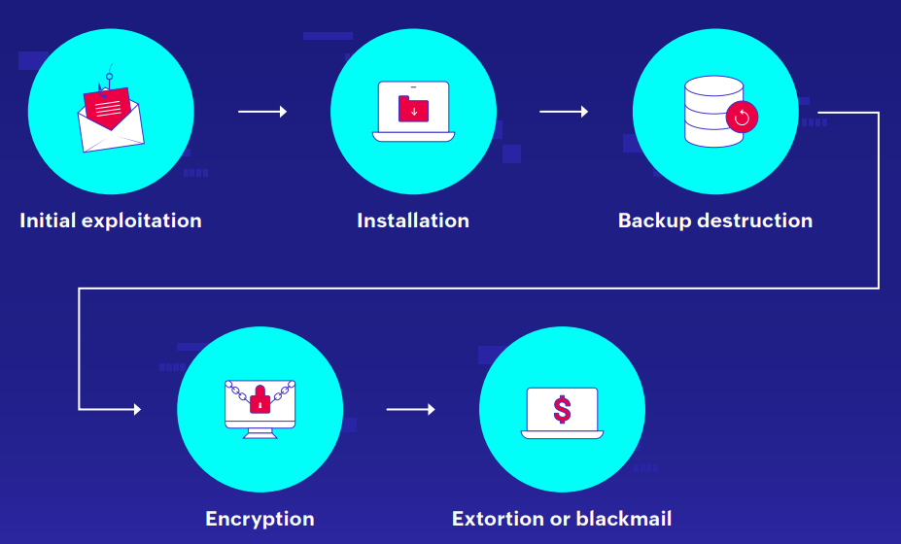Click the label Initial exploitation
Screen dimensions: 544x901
click(x=111, y=221)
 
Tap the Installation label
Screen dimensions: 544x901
click(x=413, y=221)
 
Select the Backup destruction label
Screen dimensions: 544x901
click(x=715, y=221)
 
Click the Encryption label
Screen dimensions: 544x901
click(x=260, y=519)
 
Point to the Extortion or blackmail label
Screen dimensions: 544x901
click(x=562, y=519)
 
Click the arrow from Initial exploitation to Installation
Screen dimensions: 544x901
click(x=262, y=112)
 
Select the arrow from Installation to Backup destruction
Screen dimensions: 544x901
click(x=564, y=112)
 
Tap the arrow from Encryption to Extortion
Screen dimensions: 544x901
click(x=410, y=409)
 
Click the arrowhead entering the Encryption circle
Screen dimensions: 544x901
click(x=135, y=409)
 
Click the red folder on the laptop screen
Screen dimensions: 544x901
click(x=414, y=108)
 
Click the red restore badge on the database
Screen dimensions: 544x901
click(x=742, y=118)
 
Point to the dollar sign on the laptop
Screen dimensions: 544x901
click(x=562, y=408)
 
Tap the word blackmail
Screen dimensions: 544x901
click(x=623, y=519)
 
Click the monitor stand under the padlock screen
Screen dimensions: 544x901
click(x=260, y=433)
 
